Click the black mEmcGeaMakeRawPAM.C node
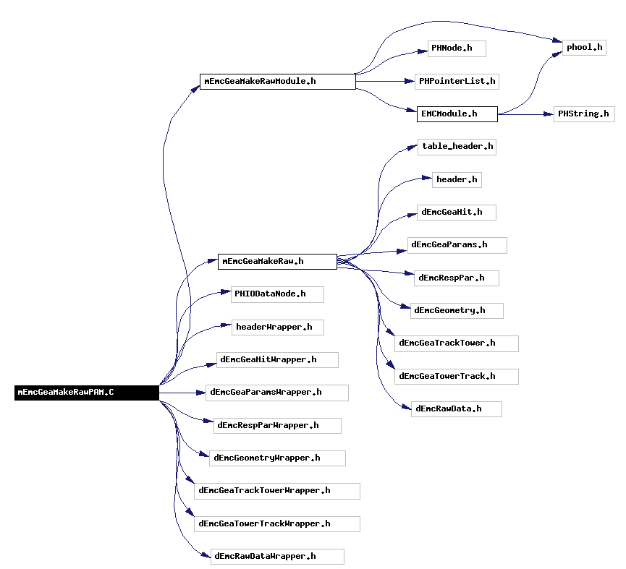(x=87, y=393)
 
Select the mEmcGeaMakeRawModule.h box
(x=277, y=82)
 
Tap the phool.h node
(x=584, y=48)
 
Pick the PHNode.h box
(x=457, y=48)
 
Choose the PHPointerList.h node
(x=457, y=82)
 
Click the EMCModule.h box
(x=457, y=114)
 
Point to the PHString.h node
(x=584, y=114)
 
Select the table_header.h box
(x=457, y=147)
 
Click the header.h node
(x=457, y=180)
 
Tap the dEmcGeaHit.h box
(x=457, y=213)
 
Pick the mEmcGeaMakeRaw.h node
(x=277, y=262)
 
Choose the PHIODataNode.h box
(x=277, y=295)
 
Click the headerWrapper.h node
(x=277, y=328)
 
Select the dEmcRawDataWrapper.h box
(x=277, y=557)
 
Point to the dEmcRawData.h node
(x=457, y=409)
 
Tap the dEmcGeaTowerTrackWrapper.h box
(x=277, y=524)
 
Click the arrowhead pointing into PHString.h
(x=549, y=114)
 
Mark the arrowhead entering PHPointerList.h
(x=410, y=82)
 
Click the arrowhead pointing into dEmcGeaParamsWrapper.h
(x=200, y=393)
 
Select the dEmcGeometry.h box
(x=457, y=311)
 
